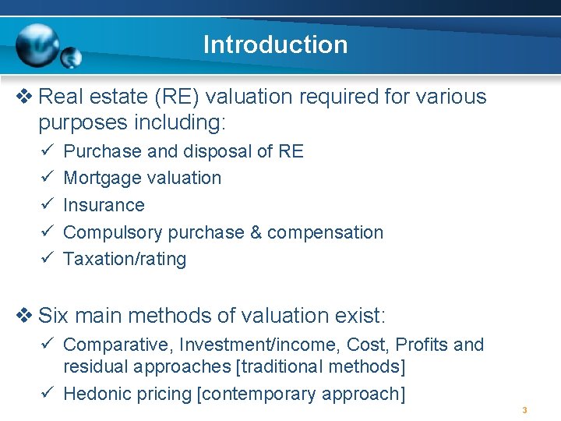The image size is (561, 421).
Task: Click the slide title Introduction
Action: (275, 44)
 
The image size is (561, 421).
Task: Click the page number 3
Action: (525, 410)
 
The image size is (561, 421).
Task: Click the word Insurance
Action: (104, 205)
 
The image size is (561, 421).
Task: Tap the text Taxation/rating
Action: (125, 259)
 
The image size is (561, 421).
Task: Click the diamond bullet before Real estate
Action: (24, 97)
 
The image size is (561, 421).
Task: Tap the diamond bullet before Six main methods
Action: (24, 316)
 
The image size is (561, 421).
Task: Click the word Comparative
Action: (117, 345)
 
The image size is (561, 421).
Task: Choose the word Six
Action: (53, 316)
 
